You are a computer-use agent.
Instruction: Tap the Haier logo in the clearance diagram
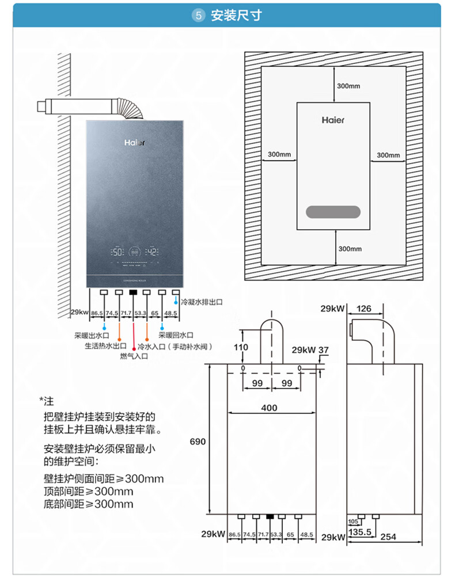pyautogui.click(x=333, y=120)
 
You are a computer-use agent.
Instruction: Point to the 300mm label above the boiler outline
pyautogui.click(x=348, y=86)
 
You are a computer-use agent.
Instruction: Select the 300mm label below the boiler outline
pyautogui.click(x=350, y=249)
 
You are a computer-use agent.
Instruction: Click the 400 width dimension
pyautogui.click(x=269, y=408)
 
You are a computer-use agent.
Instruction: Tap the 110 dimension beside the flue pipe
pyautogui.click(x=241, y=347)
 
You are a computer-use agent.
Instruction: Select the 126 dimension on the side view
pyautogui.click(x=364, y=309)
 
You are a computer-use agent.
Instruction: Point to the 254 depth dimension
pyautogui.click(x=389, y=537)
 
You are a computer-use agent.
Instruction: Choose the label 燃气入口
pyautogui.click(x=134, y=356)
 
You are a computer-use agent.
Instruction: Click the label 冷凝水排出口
pyautogui.click(x=202, y=301)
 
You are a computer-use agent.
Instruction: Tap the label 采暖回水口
pyautogui.click(x=176, y=335)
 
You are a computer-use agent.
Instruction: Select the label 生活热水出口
pyautogui.click(x=105, y=346)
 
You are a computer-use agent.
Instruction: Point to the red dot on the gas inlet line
pyautogui.click(x=134, y=348)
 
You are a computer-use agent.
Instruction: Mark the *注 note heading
pyautogui.click(x=46, y=401)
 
